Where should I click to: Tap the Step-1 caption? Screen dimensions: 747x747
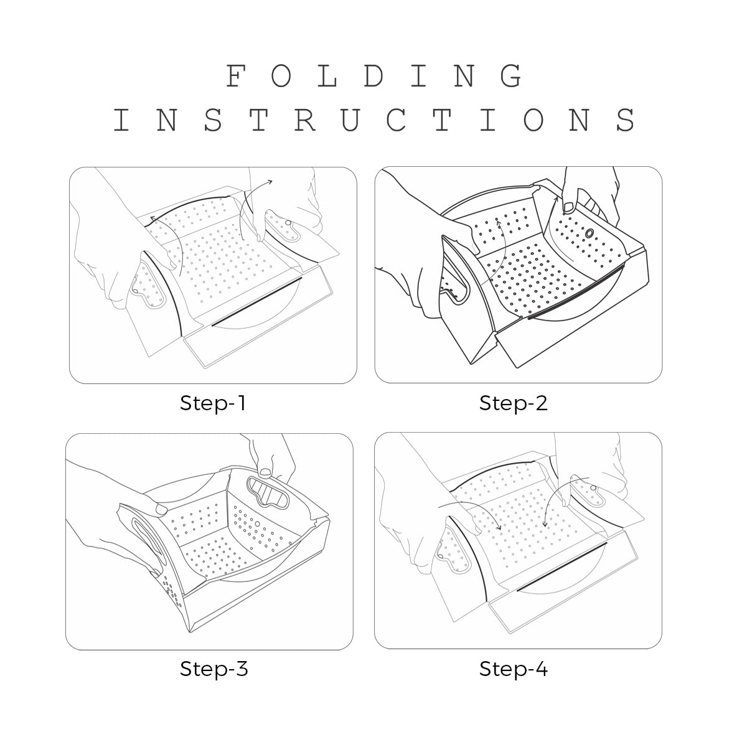(213, 403)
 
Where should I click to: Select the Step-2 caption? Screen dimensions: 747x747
(513, 403)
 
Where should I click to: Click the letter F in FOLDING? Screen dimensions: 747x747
(236, 75)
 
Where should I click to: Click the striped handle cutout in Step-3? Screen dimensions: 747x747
(268, 492)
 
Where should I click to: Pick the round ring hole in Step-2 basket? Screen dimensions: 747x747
(590, 233)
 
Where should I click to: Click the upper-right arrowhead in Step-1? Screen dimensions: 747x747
(270, 181)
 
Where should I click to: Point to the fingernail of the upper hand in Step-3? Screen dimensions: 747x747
(265, 472)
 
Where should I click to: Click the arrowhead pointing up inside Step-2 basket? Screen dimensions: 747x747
(498, 221)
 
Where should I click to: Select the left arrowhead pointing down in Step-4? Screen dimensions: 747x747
(499, 528)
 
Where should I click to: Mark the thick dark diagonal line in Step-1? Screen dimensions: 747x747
(256, 301)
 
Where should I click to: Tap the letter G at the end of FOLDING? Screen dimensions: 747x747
(511, 75)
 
